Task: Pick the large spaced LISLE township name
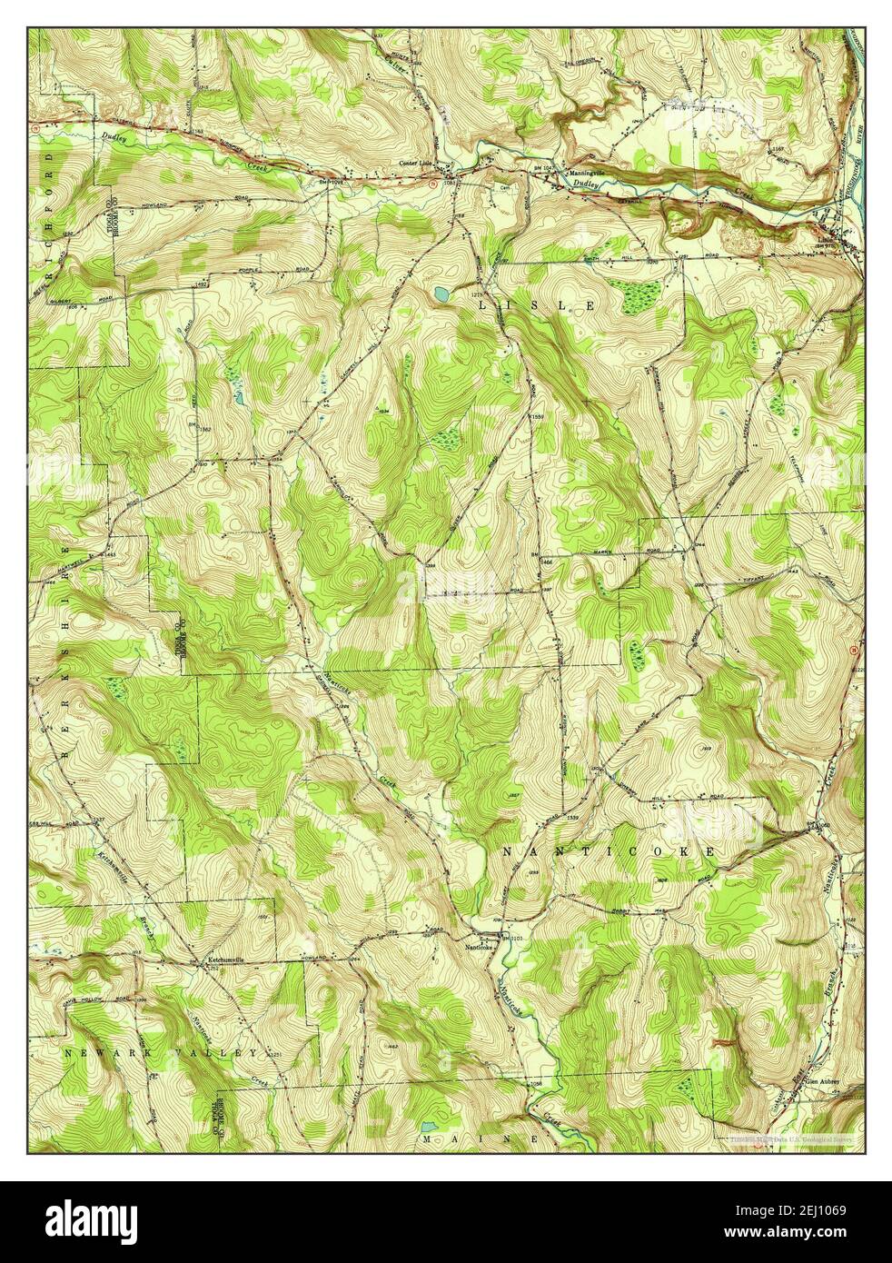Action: coord(537,306)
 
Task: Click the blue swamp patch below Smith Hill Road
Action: coord(641,293)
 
